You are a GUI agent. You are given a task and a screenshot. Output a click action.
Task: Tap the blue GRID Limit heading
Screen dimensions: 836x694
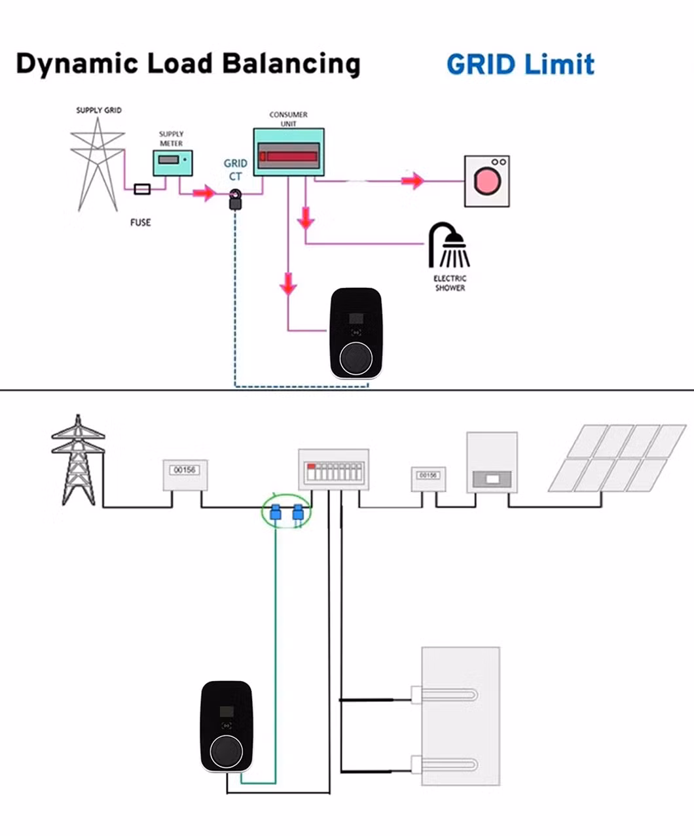pos(520,65)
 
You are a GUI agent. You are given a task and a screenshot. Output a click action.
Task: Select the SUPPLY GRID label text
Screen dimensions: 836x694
pos(99,110)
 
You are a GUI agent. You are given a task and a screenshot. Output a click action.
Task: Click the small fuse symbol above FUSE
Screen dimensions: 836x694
pos(142,189)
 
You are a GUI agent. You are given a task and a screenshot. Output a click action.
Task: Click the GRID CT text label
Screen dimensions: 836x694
pos(235,169)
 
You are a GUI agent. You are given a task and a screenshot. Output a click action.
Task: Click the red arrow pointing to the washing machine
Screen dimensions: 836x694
pos(413,181)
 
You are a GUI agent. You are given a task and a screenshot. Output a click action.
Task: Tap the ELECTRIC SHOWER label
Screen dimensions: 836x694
pos(450,283)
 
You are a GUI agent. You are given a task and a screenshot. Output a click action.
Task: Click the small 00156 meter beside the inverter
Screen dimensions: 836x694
pos(428,477)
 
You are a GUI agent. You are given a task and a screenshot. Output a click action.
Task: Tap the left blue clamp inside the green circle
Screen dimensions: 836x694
pos(276,512)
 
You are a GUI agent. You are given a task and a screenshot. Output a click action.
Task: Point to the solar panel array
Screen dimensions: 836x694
pos(617,458)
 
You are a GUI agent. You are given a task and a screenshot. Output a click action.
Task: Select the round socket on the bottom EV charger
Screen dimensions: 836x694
pos(227,751)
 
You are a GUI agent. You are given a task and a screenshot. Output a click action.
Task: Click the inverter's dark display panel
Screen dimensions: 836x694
pos(491,478)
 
